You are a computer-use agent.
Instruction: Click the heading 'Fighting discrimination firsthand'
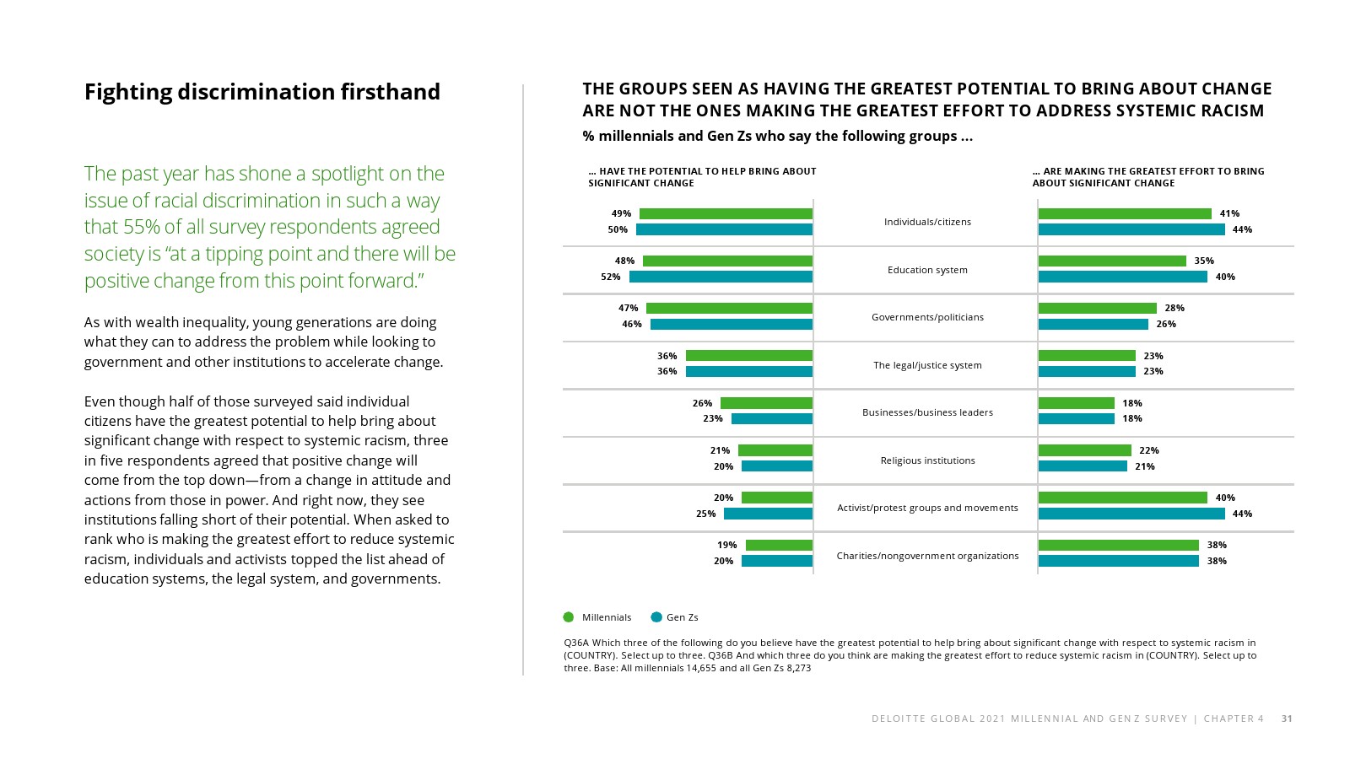[262, 92]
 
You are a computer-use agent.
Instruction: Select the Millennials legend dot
[569, 617]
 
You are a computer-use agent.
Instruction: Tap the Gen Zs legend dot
[656, 617]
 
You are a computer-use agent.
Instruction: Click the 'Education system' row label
[927, 270]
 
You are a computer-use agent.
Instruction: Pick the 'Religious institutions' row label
[927, 460]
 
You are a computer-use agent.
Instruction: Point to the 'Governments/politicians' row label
[927, 317]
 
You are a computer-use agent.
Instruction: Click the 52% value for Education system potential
[611, 277]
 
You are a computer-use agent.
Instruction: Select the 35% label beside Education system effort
[1204, 261]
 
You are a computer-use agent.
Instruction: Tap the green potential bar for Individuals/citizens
[726, 214]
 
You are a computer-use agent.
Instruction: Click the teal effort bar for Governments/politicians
[1093, 324]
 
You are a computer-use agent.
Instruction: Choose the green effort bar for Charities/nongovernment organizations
[1118, 545]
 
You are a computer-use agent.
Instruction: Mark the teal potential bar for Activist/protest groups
[768, 514]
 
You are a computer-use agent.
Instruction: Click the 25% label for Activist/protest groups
[705, 514]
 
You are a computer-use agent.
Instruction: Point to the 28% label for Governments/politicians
[1174, 308]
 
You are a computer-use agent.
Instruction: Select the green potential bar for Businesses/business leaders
[766, 403]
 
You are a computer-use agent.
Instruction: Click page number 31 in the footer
[1287, 719]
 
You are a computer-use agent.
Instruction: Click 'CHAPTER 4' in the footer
[1234, 719]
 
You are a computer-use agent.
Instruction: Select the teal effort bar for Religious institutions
[1083, 466]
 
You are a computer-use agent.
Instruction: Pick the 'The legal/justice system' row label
[927, 365]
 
